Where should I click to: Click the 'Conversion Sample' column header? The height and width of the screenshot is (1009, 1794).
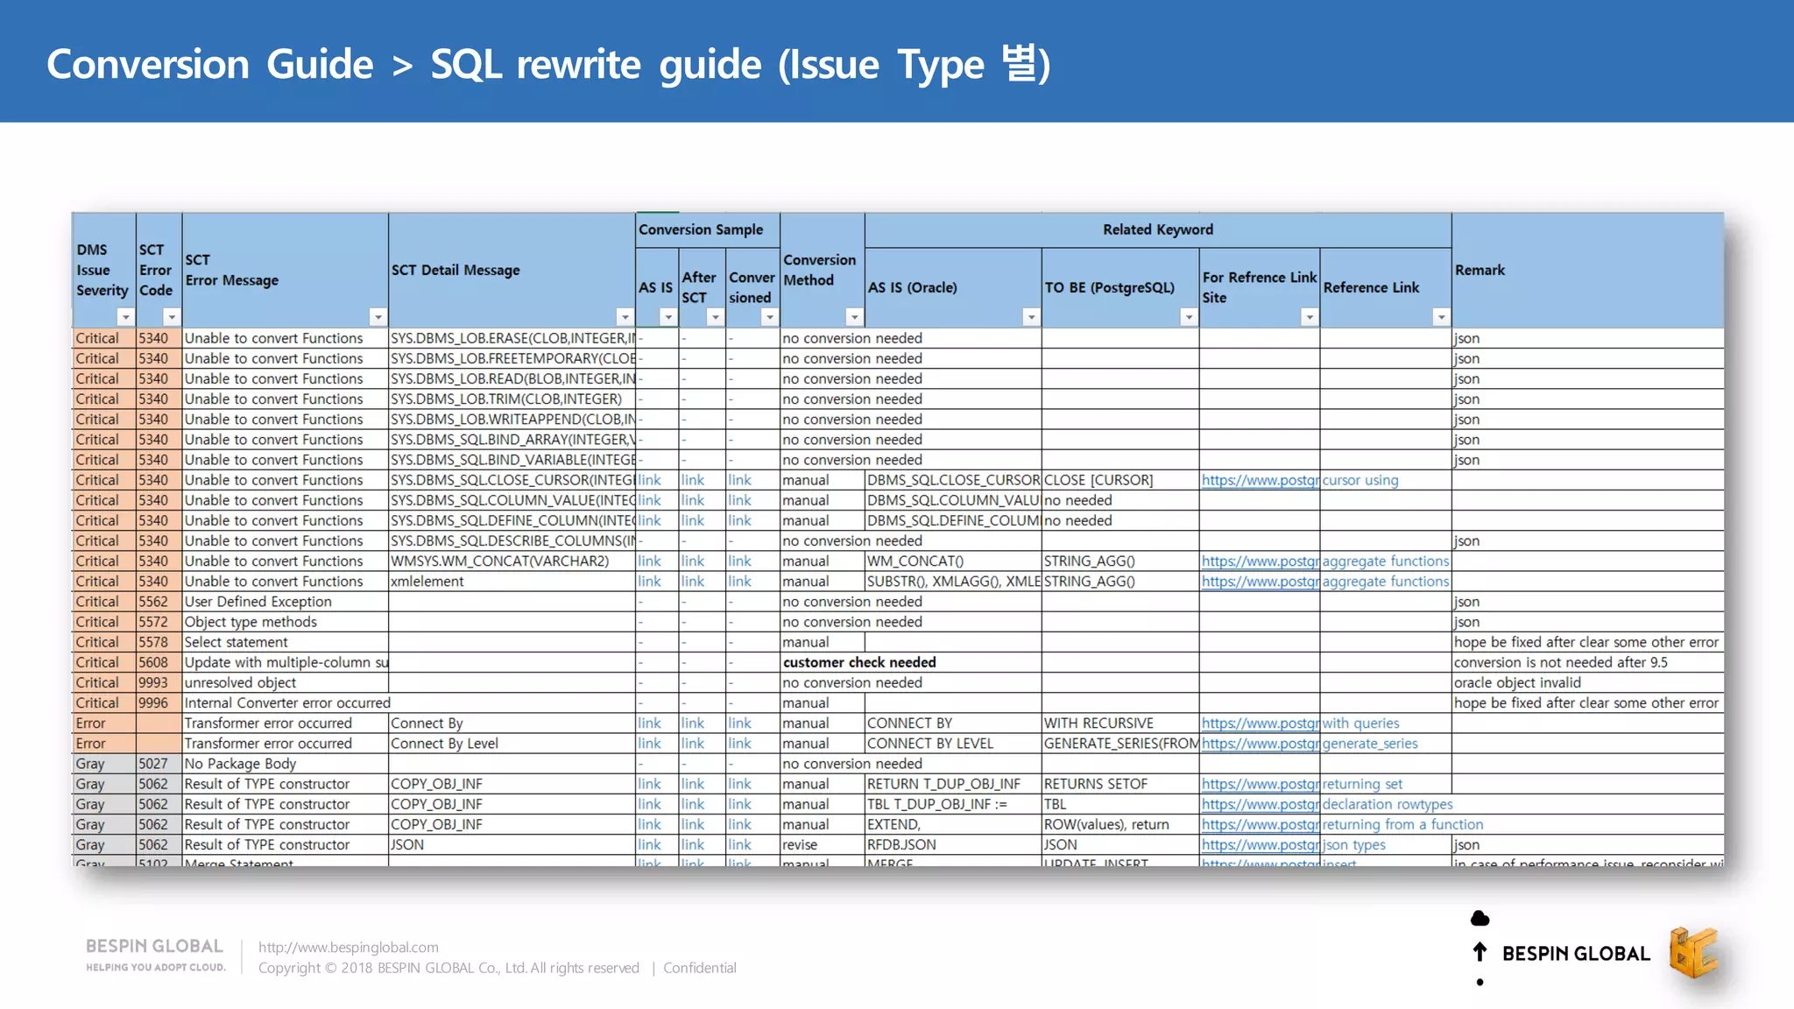(x=701, y=229)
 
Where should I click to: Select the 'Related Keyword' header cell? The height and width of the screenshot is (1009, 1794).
(x=1157, y=229)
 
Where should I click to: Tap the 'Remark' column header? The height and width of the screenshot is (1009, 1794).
(x=1480, y=270)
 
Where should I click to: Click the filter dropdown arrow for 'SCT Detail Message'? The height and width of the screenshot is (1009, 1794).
(x=625, y=317)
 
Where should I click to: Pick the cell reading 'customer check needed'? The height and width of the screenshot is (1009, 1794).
(x=859, y=662)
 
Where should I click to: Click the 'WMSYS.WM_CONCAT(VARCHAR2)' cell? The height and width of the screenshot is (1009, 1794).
(x=499, y=561)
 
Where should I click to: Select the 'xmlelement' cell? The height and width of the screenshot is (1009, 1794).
(x=427, y=582)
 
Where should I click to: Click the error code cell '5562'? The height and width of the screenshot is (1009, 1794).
(x=153, y=602)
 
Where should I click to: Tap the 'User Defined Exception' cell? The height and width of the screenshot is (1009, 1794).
(x=258, y=602)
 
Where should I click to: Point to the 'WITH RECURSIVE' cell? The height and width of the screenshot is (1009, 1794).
(x=1098, y=723)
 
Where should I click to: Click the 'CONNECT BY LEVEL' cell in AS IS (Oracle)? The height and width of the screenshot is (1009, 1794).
(x=929, y=744)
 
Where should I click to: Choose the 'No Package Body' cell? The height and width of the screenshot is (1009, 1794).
(x=240, y=764)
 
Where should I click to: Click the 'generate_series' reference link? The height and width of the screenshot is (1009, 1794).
(x=1370, y=744)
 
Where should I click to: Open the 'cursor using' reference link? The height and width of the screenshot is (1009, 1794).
(x=1360, y=480)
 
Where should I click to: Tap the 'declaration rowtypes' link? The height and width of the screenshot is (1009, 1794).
(x=1388, y=804)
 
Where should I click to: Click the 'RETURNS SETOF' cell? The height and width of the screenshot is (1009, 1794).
(x=1095, y=784)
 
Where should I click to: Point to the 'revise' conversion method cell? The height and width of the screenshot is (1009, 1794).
(x=800, y=844)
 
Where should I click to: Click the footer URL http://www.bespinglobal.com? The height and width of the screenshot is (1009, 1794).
(x=349, y=947)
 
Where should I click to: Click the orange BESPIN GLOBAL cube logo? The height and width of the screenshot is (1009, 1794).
(x=1692, y=952)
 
